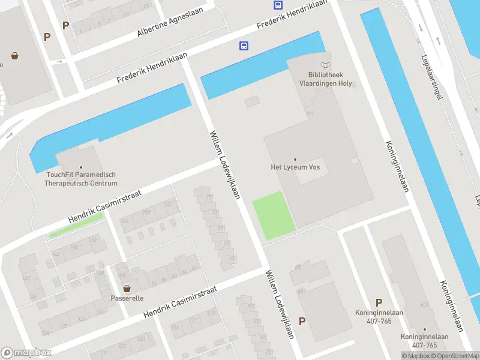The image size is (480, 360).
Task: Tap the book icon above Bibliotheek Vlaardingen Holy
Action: [x=325, y=65]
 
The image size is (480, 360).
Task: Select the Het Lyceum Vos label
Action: [x=295, y=167]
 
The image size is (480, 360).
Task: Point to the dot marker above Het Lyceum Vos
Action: [x=295, y=159]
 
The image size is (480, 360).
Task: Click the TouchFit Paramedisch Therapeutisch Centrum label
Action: [x=80, y=179]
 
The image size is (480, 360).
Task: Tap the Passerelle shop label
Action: [x=127, y=298]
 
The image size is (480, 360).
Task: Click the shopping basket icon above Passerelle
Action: [x=127, y=289]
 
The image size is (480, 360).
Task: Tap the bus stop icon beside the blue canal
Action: [x=244, y=46]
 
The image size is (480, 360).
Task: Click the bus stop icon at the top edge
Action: [x=277, y=5]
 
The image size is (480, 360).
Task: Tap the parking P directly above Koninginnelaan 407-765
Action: [x=379, y=302]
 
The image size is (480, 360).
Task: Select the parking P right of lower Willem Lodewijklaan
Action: [x=302, y=321]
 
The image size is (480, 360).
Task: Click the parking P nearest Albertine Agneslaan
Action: [x=65, y=25]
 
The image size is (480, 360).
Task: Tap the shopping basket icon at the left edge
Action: [x=14, y=56]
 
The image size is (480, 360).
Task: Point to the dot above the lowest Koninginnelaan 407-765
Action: [x=424, y=329]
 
